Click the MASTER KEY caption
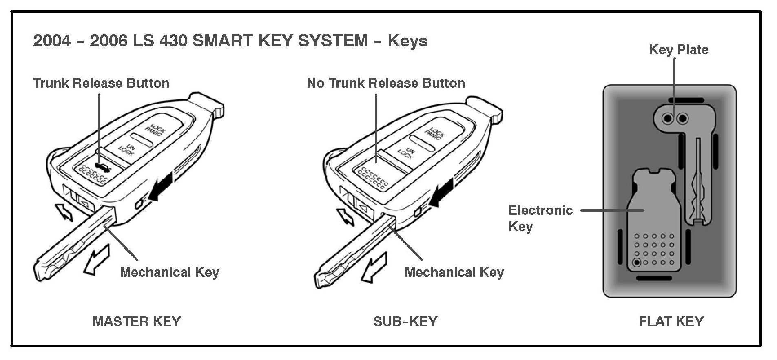point(137,321)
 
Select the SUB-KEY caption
point(405,321)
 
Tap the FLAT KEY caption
point(671,321)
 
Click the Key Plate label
point(678,50)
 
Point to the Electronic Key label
point(540,218)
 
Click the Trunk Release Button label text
point(101,83)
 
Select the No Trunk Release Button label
point(385,83)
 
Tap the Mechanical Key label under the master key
point(170,272)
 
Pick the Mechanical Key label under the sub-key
point(454,272)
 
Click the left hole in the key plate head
point(667,119)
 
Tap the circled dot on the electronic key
point(637,263)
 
